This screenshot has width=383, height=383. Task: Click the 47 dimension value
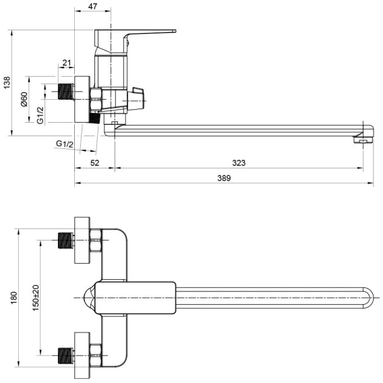[x=92, y=7]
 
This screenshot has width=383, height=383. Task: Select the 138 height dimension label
[x=7, y=82]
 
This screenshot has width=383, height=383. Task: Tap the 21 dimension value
[x=67, y=63]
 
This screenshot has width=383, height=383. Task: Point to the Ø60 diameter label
[x=24, y=99]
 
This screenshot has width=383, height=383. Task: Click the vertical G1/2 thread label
[x=40, y=115]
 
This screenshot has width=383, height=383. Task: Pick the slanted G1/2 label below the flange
[x=65, y=144]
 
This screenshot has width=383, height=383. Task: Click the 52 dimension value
[x=95, y=163]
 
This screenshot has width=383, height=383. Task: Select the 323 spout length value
[x=239, y=163]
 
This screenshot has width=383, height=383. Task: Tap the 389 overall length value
[x=224, y=178]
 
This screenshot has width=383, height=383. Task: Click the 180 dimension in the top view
[x=14, y=298]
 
